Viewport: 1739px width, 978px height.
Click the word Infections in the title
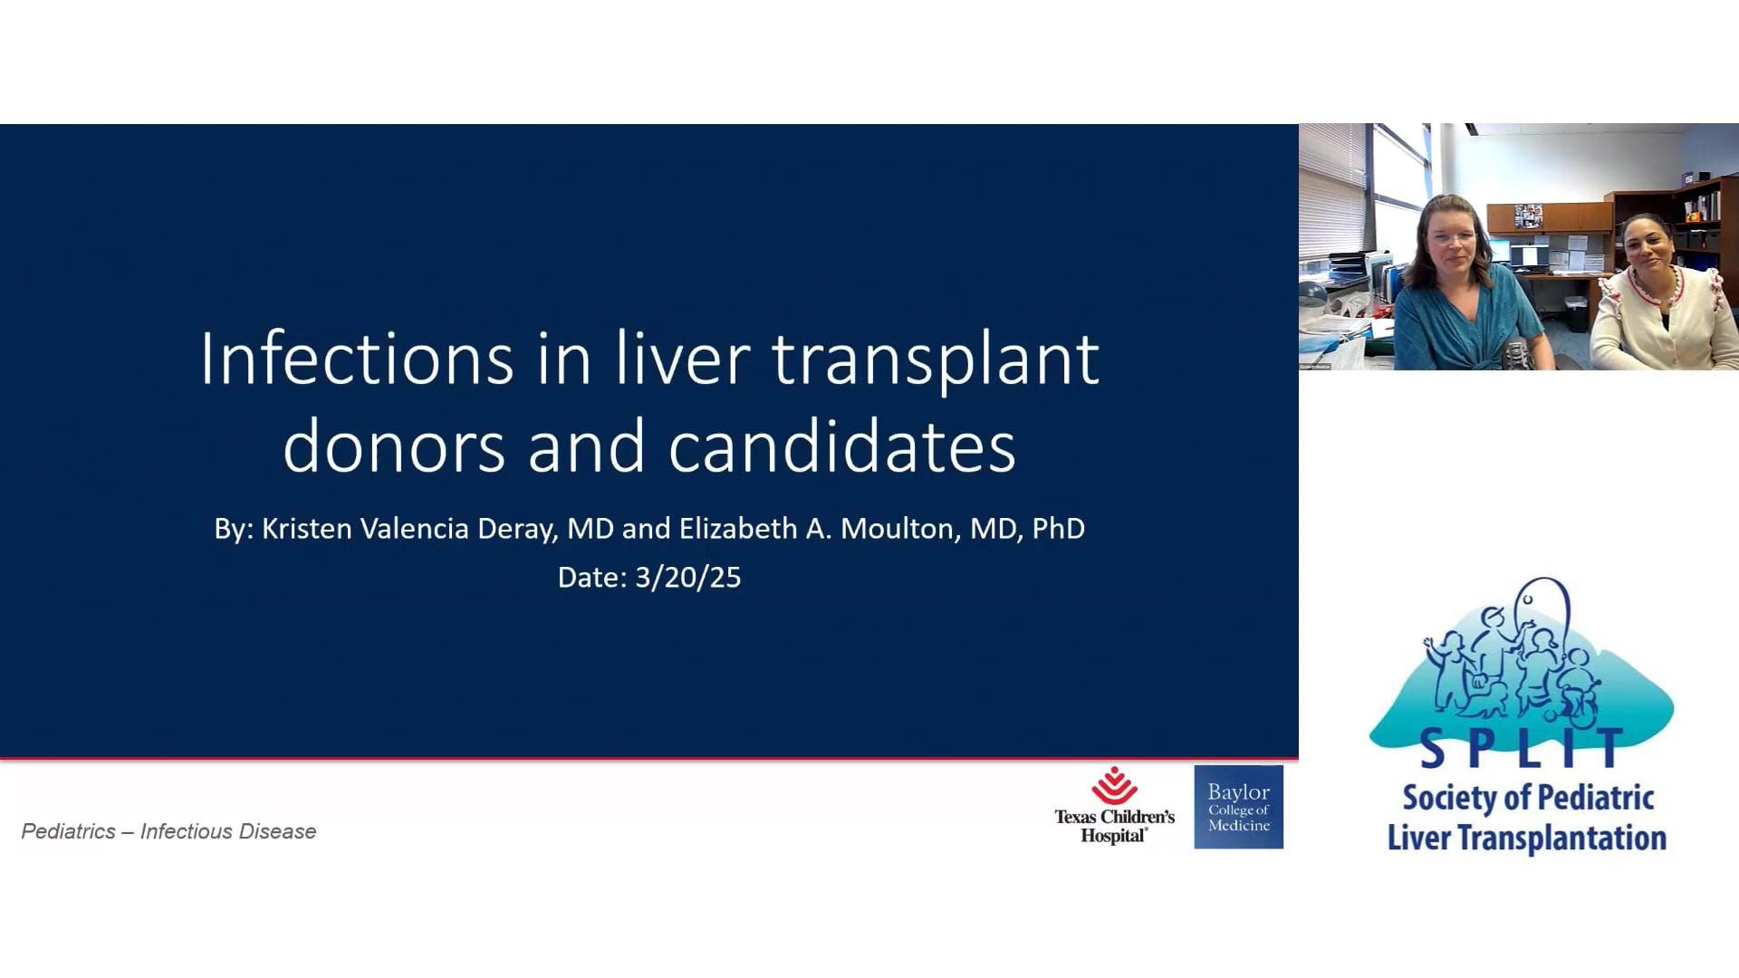coord(357,360)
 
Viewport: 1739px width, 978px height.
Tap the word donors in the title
coord(394,446)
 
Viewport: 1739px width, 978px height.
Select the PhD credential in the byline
coord(1058,529)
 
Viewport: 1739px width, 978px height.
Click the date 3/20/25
coord(688,578)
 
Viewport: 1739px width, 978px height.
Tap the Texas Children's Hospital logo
coord(1114,805)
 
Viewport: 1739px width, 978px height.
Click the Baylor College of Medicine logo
coord(1238,807)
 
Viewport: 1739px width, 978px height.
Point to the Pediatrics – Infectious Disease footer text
coord(168,831)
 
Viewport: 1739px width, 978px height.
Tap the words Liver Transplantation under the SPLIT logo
coord(1527,838)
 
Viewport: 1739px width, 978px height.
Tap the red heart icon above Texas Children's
coord(1114,785)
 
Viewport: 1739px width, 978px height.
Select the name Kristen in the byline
coord(307,529)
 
